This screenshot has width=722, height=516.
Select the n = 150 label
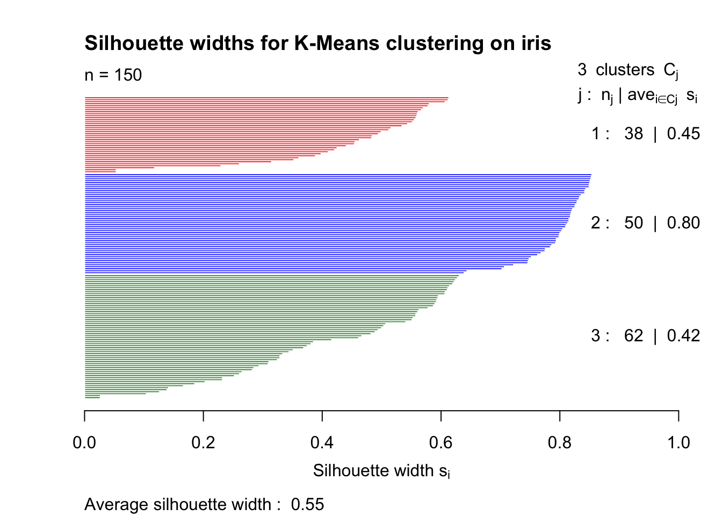coord(113,75)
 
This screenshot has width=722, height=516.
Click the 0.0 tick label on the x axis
coord(84,442)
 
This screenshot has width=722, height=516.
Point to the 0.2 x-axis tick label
coord(203,442)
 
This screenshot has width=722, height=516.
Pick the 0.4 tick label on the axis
coord(322,442)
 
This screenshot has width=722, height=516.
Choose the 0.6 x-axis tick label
coord(441,442)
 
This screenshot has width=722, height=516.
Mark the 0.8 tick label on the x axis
coord(560,442)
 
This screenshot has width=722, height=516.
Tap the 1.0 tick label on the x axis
coord(678,442)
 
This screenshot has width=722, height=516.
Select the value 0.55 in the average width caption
coord(307,505)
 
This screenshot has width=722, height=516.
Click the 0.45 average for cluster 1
coord(683,134)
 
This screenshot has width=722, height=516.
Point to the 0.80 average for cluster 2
coord(683,223)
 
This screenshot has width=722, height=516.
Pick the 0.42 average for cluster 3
coord(683,336)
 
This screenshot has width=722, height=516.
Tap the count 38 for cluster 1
coord(633,134)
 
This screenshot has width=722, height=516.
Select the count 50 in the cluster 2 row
coord(633,223)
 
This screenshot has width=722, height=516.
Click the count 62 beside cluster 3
coord(633,336)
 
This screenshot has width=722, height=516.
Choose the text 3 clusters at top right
coord(616,70)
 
